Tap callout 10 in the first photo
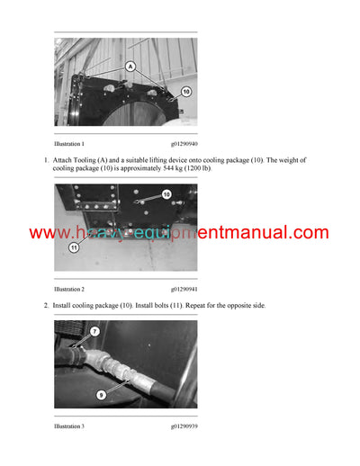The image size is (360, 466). point(185,91)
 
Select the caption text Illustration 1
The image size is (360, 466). point(69,143)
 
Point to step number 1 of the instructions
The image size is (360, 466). point(46,160)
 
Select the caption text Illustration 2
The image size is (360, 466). point(69,290)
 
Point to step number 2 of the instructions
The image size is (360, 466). point(46,307)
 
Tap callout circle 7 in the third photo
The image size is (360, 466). point(94,331)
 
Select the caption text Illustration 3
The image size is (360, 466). point(69,426)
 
